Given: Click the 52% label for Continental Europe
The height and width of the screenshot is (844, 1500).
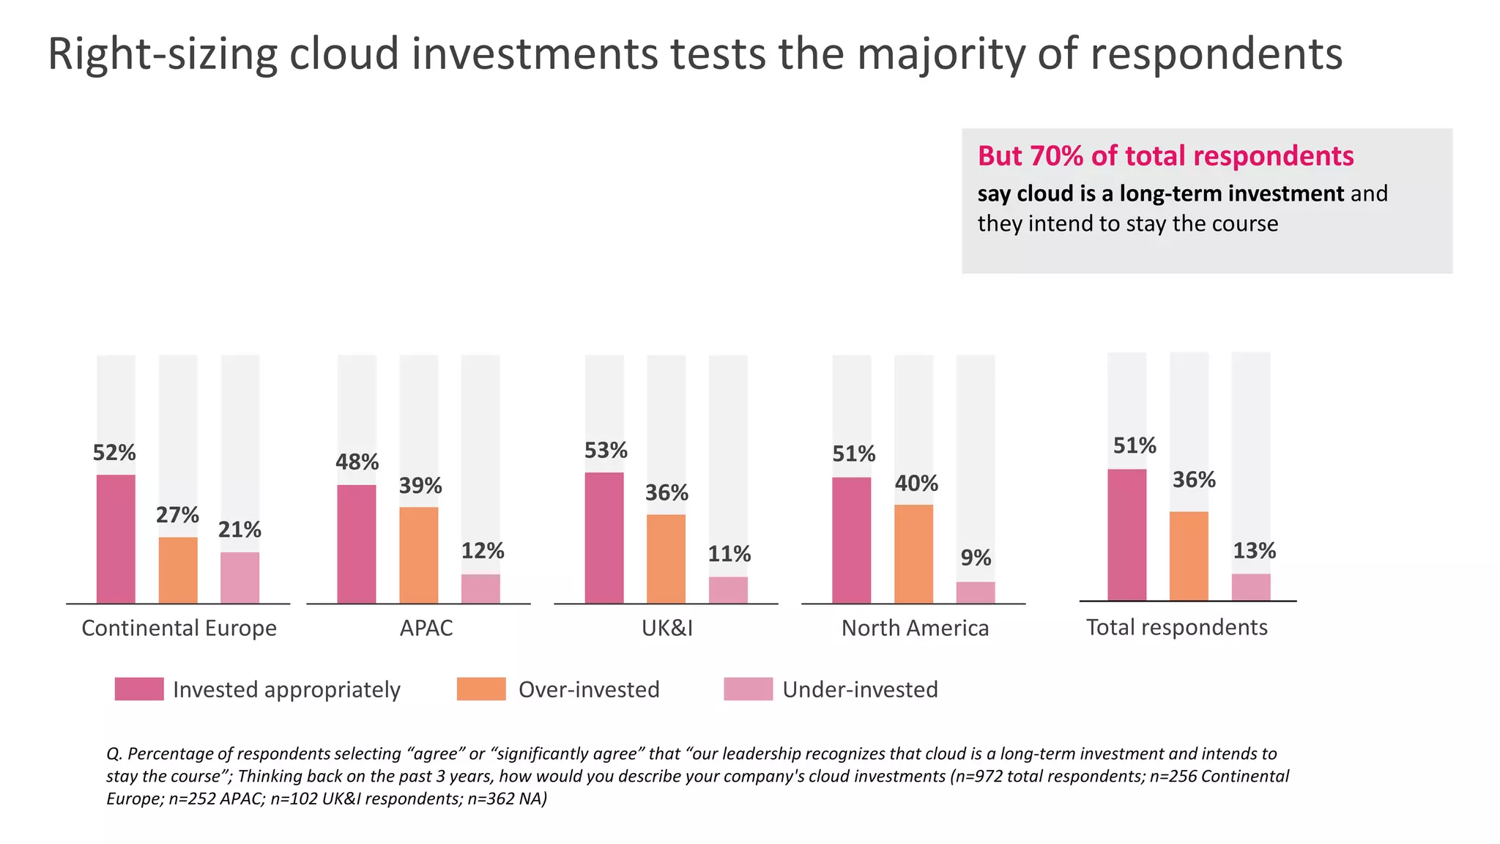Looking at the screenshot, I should (114, 453).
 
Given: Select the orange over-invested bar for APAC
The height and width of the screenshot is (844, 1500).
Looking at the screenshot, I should (419, 555).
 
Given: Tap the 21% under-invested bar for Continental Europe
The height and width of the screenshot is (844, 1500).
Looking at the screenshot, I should (240, 577).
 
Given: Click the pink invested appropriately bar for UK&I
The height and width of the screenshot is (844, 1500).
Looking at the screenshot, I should (604, 538).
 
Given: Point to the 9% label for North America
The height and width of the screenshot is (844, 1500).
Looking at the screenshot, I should (976, 558).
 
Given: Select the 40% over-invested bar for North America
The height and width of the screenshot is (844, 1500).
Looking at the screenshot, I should (913, 554).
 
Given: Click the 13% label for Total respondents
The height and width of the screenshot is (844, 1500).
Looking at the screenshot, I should (1254, 551).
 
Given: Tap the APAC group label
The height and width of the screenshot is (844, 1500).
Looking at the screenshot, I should (426, 628).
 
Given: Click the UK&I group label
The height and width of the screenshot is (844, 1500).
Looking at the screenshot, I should (667, 628).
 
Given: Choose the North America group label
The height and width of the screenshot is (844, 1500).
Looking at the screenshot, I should (915, 628).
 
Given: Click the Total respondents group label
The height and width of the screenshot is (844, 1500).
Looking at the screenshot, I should (1176, 627).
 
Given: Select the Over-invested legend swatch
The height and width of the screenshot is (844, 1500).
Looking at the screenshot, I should (481, 689).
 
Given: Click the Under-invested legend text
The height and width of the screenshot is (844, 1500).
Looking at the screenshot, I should (860, 689).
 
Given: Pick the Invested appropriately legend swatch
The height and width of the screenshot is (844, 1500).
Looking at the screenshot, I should (139, 689).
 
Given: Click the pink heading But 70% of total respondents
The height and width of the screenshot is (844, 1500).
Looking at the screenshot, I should (1165, 156).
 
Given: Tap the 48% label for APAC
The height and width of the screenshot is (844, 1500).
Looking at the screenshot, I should (357, 462).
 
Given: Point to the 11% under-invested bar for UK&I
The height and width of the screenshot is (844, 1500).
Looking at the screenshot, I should (728, 590).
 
